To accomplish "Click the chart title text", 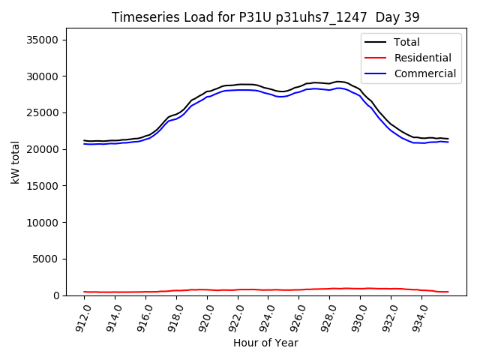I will tap(265, 17).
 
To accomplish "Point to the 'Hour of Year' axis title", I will tap(265, 343).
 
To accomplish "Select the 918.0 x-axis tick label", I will tap(173, 315).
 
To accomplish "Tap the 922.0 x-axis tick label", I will tap(235, 315).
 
